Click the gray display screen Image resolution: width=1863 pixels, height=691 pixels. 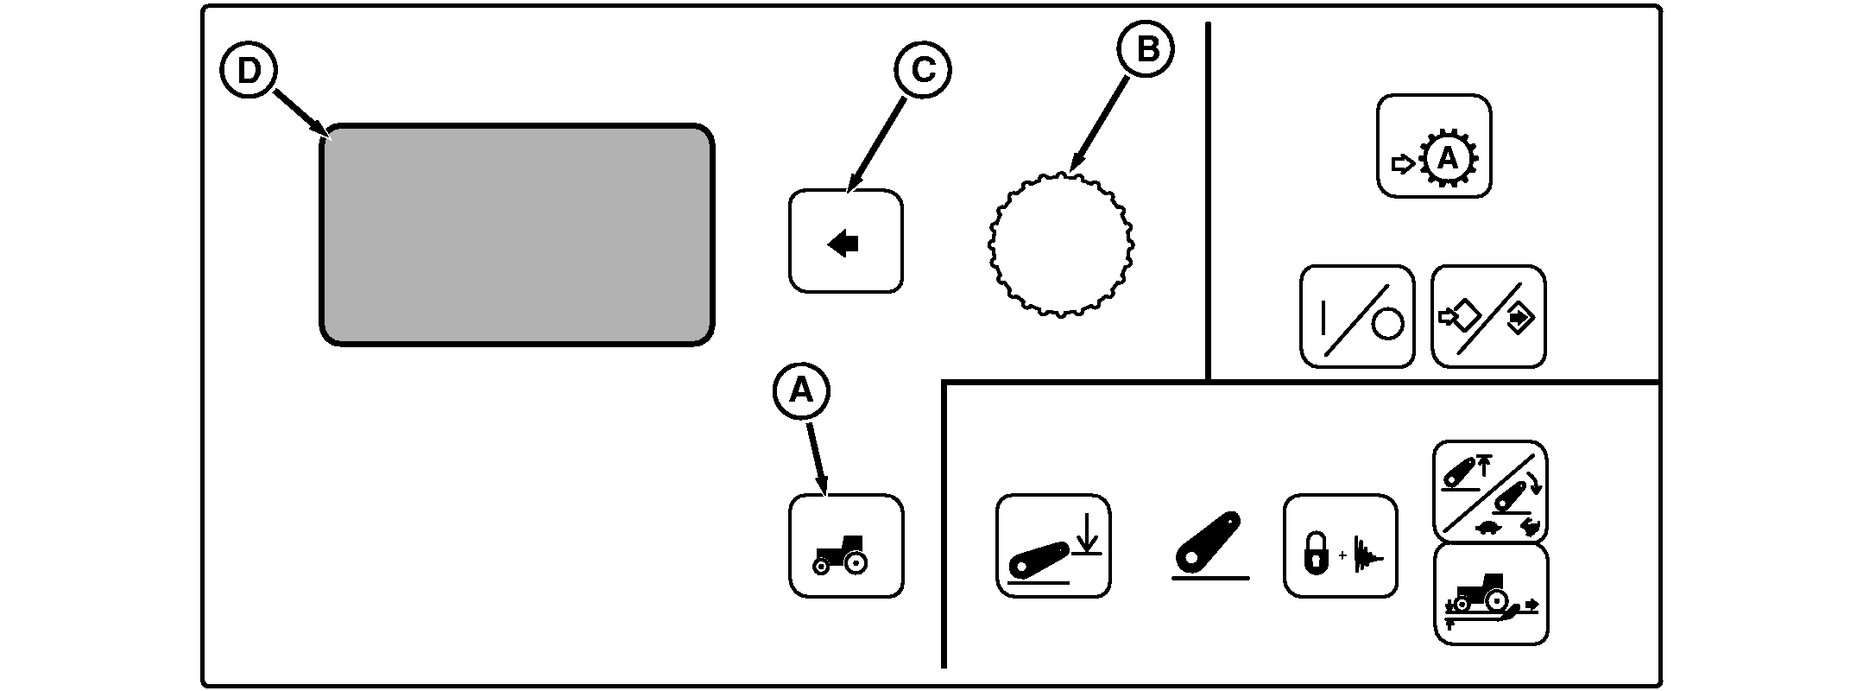[516, 235]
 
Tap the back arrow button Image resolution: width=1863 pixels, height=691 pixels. [845, 241]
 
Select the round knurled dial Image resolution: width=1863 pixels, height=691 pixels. [1060, 245]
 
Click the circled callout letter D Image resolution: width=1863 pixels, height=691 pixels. [248, 72]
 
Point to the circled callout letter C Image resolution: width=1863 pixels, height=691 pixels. [923, 70]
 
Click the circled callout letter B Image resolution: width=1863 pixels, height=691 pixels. [1146, 50]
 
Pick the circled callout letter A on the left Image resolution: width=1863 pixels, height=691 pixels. [801, 391]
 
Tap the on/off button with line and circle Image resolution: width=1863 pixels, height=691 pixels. [1357, 316]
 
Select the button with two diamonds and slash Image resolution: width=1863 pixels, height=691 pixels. [1488, 316]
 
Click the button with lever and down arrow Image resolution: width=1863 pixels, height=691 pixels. [1053, 545]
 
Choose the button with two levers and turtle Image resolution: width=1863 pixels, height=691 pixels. [1490, 491]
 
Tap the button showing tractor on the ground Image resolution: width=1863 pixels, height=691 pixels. [1491, 593]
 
